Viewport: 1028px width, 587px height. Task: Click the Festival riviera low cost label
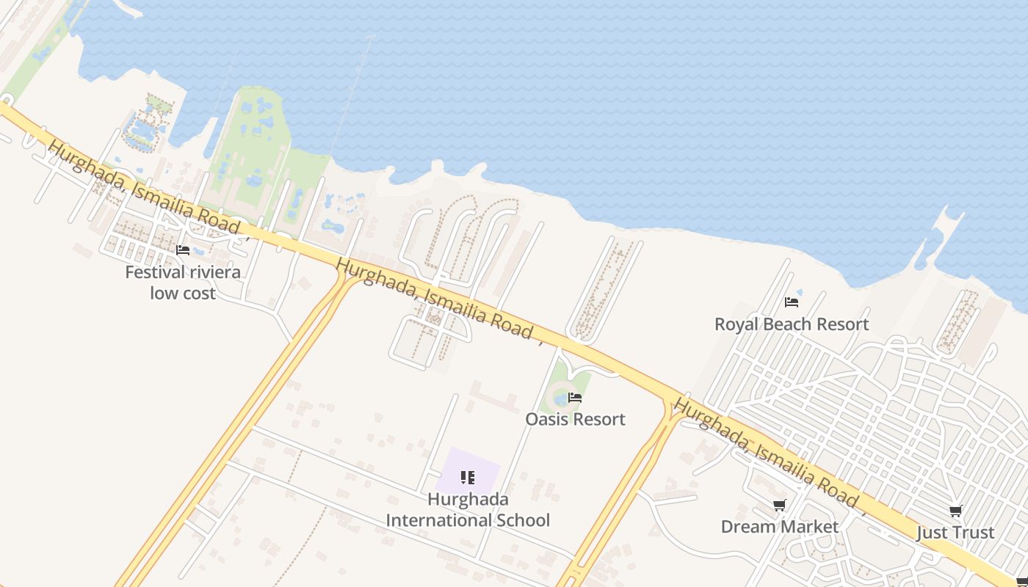click(x=183, y=282)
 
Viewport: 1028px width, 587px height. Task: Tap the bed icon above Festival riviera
click(x=183, y=250)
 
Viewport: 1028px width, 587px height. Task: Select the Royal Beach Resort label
click(x=792, y=324)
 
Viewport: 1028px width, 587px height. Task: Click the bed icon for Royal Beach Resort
click(x=792, y=302)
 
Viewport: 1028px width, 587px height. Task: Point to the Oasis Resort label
click(x=575, y=420)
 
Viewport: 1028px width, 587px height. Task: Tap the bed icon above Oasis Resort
click(x=575, y=398)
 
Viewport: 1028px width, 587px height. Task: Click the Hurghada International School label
click(x=468, y=510)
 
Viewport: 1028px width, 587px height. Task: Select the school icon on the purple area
click(x=468, y=478)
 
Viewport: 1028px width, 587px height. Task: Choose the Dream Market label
click(x=779, y=527)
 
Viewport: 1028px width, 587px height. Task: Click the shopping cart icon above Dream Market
click(x=779, y=505)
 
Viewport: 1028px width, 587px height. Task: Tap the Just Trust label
click(x=955, y=533)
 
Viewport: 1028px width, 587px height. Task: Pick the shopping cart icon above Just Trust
click(x=955, y=511)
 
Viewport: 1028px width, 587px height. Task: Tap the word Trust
click(x=972, y=533)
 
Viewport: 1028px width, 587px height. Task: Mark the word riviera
click(x=214, y=272)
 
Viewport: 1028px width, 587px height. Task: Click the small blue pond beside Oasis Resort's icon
click(x=561, y=399)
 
